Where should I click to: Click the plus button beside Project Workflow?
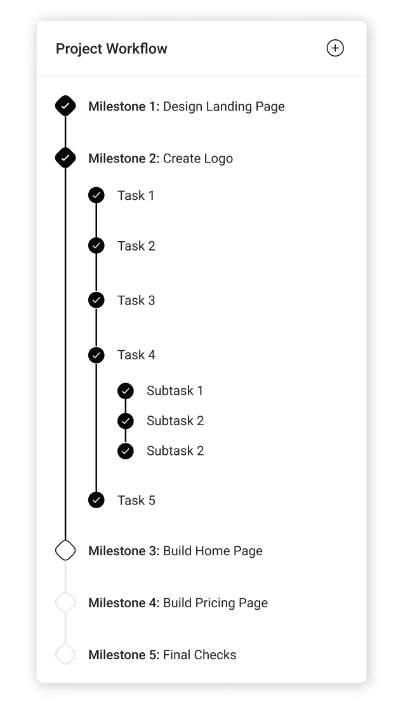pyautogui.click(x=334, y=48)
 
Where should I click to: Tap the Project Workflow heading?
pyautogui.click(x=112, y=49)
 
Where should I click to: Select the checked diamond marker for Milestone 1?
pyautogui.click(x=65, y=106)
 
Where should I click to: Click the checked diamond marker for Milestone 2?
pyautogui.click(x=65, y=158)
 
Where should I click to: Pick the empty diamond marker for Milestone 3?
pyautogui.click(x=65, y=550)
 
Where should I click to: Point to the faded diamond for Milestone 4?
pyautogui.click(x=65, y=602)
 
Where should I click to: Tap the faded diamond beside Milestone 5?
pyautogui.click(x=65, y=654)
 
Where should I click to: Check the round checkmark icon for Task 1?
pyautogui.click(x=96, y=195)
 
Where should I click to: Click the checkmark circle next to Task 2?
pyautogui.click(x=96, y=246)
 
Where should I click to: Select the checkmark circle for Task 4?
pyautogui.click(x=96, y=355)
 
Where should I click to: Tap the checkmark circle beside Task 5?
pyautogui.click(x=96, y=500)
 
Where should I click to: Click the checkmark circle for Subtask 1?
pyautogui.click(x=126, y=391)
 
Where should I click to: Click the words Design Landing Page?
pyautogui.click(x=223, y=107)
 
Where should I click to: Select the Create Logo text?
pyautogui.click(x=197, y=159)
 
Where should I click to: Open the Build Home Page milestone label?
pyautogui.click(x=213, y=551)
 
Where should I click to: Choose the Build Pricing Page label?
pyautogui.click(x=215, y=603)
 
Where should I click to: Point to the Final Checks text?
pyautogui.click(x=199, y=655)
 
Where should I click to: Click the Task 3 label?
pyautogui.click(x=136, y=300)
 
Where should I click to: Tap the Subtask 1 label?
pyautogui.click(x=175, y=391)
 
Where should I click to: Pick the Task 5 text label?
pyautogui.click(x=136, y=500)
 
